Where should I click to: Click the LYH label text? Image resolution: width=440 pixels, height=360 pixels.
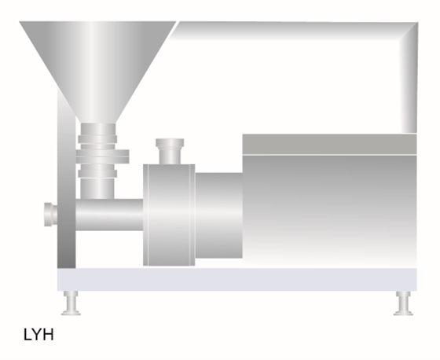click(x=38, y=334)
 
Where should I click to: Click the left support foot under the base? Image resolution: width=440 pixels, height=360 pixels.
click(x=71, y=303)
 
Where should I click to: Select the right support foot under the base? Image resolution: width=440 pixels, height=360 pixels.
click(x=403, y=303)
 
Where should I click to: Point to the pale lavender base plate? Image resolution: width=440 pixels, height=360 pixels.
click(x=236, y=279)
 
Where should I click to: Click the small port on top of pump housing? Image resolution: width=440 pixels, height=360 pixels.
click(x=170, y=151)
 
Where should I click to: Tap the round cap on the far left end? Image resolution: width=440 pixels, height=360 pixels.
click(x=50, y=215)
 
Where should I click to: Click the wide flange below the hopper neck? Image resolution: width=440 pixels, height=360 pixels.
click(x=102, y=156)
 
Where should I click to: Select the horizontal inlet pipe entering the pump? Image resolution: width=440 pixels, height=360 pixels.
click(x=109, y=215)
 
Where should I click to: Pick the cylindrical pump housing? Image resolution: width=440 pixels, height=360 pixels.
click(x=169, y=215)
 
